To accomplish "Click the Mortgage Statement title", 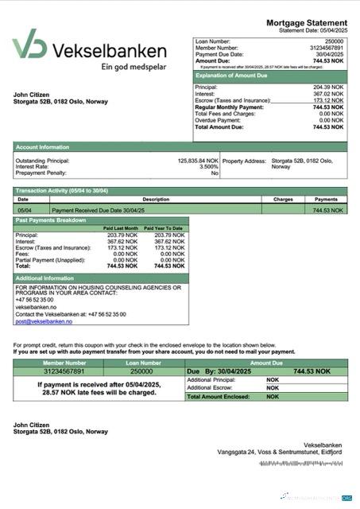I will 307,22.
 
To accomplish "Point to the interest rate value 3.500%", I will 208,167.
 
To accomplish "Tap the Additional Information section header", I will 45,278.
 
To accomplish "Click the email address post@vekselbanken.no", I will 43,321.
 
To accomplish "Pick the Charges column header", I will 283,200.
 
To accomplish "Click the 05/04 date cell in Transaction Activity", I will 24,210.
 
